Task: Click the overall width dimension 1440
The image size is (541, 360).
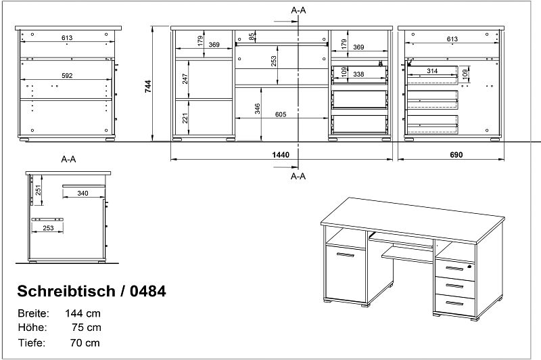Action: tap(281, 155)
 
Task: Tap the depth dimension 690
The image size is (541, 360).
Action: tap(456, 155)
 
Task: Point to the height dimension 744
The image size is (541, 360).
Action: tap(148, 87)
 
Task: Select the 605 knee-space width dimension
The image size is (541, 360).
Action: tap(281, 114)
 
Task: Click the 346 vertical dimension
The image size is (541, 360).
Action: tap(258, 109)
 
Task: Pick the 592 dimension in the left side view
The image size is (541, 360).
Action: tap(67, 76)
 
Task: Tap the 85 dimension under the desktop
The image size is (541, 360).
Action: tap(252, 36)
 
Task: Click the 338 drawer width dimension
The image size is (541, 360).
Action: tap(358, 74)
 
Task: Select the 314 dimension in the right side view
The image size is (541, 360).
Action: tap(432, 71)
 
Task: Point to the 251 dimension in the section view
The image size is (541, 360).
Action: tap(39, 190)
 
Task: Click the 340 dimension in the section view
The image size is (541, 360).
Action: tap(83, 194)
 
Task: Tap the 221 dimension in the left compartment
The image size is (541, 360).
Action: tap(185, 118)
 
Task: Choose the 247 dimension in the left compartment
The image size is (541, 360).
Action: tap(185, 79)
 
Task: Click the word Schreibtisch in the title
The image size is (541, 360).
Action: tap(66, 291)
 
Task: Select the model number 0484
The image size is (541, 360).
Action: tap(147, 291)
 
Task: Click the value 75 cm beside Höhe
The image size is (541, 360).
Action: tap(87, 328)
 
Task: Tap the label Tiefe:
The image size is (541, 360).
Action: tap(31, 342)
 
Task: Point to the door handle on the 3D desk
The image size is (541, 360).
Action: tap(346, 255)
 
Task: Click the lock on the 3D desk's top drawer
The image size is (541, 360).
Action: tap(469, 266)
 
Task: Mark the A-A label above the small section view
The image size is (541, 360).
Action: tap(68, 159)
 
